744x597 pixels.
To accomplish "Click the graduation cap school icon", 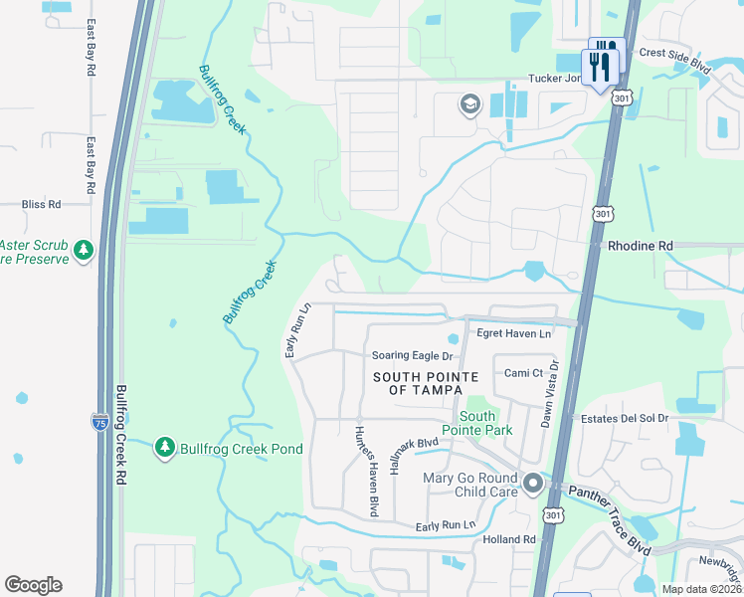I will (469, 104).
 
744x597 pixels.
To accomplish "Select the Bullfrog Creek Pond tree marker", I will (165, 449).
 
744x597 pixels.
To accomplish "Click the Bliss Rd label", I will (41, 204).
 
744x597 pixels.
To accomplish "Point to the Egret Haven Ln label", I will (513, 334).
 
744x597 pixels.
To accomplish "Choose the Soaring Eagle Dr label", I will (412, 355).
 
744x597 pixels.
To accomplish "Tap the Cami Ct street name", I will (522, 372).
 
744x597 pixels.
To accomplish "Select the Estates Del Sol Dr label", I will (625, 418).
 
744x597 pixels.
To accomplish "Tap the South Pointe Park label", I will (484, 423).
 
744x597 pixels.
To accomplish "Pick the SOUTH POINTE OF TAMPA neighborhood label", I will (426, 383).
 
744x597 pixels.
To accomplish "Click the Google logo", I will (33, 585).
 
